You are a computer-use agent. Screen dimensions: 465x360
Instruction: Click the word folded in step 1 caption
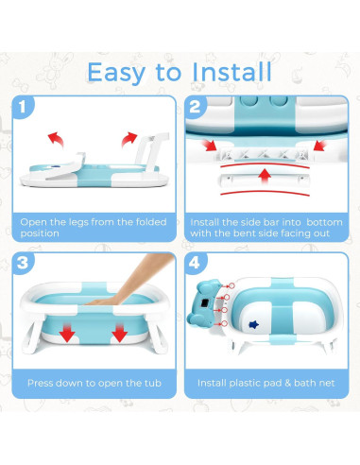(x=141, y=222)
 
